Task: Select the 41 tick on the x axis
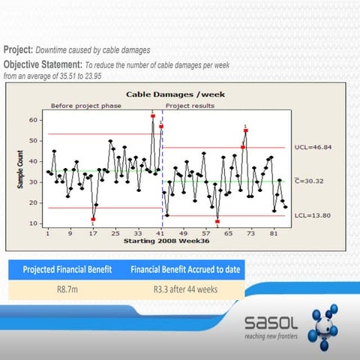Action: coord(160,232)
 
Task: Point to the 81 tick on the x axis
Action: coord(274,232)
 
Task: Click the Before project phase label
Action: coord(93,106)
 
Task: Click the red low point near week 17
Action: coord(93,219)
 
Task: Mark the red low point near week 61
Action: coord(217,221)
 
